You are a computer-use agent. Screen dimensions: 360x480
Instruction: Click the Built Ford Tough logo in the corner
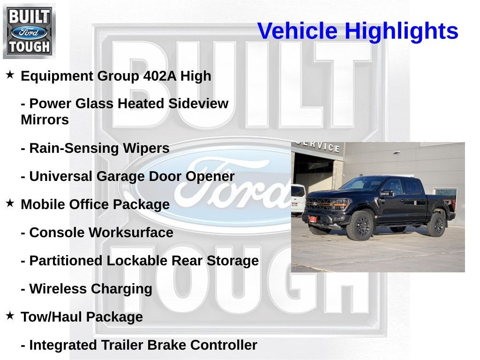29,31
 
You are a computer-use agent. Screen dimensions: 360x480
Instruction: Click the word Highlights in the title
401,31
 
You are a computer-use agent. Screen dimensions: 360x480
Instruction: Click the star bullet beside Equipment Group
10,75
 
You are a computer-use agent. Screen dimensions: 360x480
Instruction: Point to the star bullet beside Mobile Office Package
10,203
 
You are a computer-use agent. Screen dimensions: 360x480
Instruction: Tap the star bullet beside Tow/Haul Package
10,316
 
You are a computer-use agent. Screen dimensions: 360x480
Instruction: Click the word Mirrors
45,120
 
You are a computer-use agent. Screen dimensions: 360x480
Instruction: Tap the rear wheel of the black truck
436,224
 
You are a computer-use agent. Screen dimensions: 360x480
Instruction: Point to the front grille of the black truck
319,205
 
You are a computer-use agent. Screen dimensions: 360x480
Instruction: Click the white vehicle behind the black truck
298,199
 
